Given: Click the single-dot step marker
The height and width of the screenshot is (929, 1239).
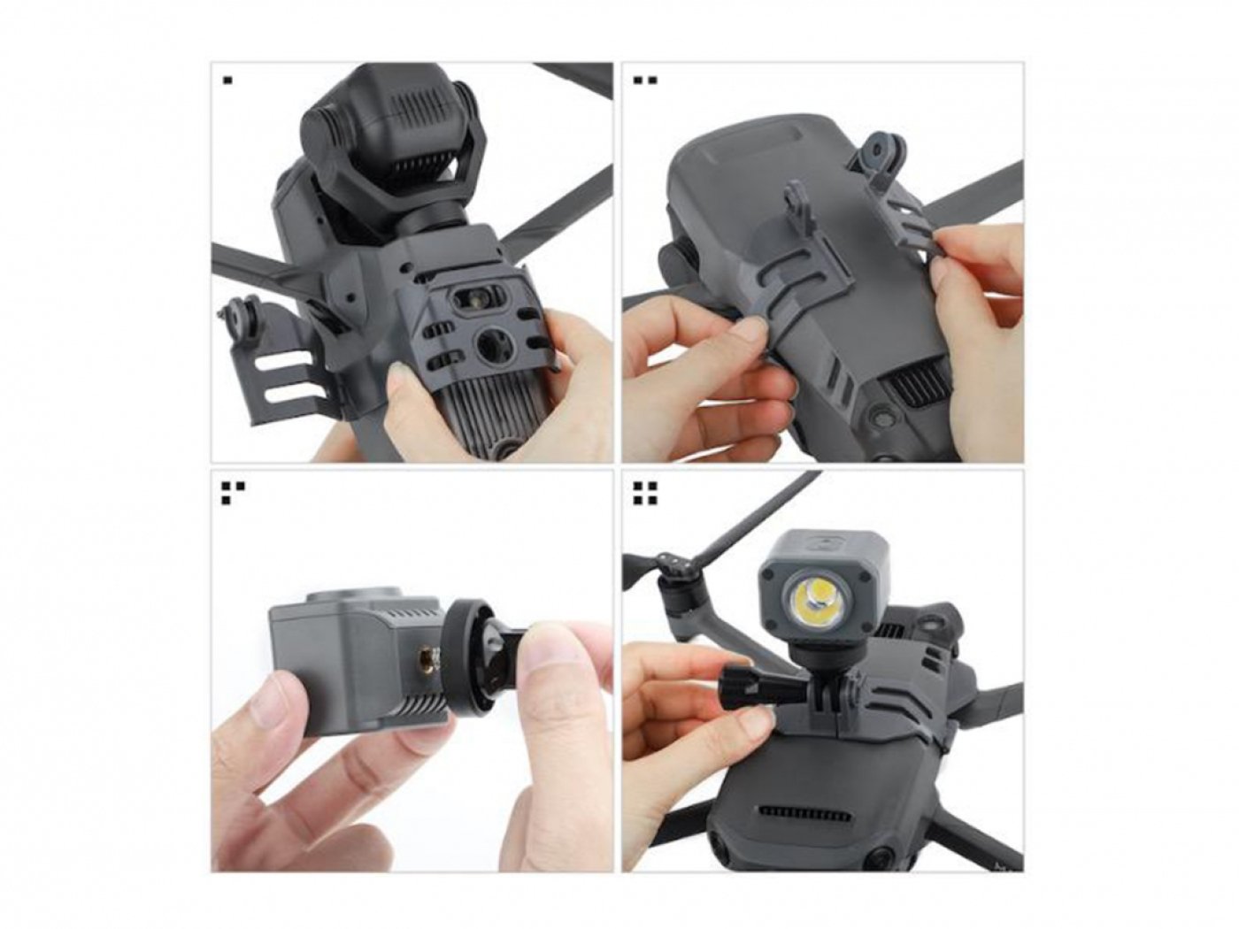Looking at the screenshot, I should coord(227,81).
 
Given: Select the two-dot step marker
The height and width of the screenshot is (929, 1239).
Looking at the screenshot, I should coord(645,81).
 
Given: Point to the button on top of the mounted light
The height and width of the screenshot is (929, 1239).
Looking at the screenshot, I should coord(818,538).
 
